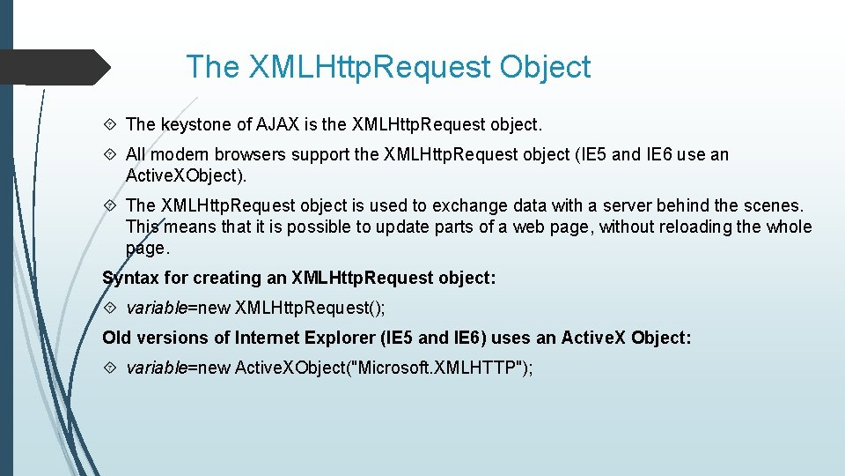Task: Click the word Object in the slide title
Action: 545,67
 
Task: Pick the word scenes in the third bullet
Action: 772,205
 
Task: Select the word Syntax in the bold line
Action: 130,279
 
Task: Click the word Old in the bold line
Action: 117,338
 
